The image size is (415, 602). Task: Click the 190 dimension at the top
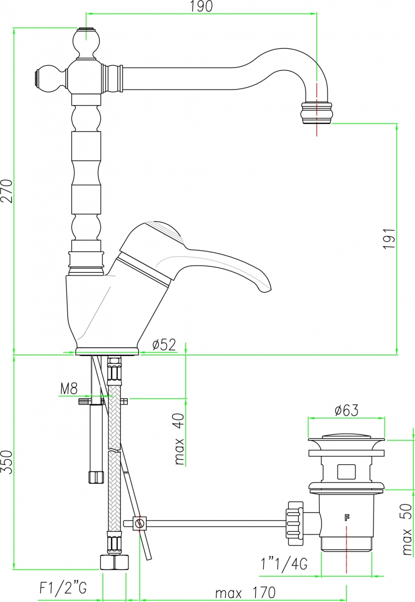[201, 6]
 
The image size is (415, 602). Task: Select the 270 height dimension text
[8, 191]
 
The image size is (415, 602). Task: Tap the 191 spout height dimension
[390, 238]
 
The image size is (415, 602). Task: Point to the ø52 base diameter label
[164, 345]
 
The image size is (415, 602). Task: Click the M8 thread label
[69, 389]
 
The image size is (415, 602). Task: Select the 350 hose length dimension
[8, 462]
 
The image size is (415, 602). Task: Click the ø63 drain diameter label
[346, 411]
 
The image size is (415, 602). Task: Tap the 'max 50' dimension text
[407, 530]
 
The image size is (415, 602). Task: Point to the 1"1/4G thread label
[284, 564]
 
